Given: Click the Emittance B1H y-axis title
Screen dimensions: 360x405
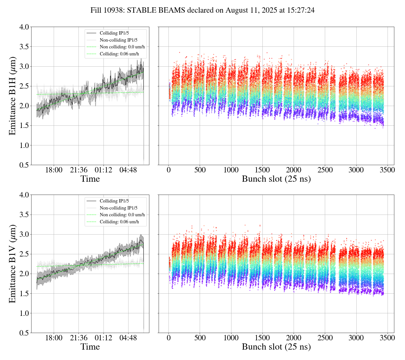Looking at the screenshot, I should (12, 96).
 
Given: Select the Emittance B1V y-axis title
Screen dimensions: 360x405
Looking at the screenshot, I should (12, 264).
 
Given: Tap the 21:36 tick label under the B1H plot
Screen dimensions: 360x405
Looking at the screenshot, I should (78, 170).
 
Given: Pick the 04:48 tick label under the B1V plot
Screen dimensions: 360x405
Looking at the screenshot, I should (128, 338).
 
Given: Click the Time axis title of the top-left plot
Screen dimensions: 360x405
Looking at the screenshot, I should (90, 179).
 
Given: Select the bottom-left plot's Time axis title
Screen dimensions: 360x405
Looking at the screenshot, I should (90, 347).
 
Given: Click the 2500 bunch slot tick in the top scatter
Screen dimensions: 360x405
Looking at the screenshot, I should (325, 170).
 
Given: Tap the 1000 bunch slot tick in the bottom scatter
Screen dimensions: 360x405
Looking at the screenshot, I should (231, 338).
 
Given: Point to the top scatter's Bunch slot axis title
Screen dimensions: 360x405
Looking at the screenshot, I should (276, 179).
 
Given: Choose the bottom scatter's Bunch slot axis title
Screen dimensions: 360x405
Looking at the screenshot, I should (276, 347).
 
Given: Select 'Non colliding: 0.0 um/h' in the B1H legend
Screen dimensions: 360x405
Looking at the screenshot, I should (122, 47).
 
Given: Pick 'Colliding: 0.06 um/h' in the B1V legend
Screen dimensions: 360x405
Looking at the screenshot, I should (119, 222).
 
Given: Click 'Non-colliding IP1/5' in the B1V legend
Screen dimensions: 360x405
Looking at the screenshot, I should (118, 208).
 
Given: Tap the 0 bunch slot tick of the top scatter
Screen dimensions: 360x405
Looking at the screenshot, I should (169, 170).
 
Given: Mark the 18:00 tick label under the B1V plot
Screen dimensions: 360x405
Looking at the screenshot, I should (54, 338).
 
